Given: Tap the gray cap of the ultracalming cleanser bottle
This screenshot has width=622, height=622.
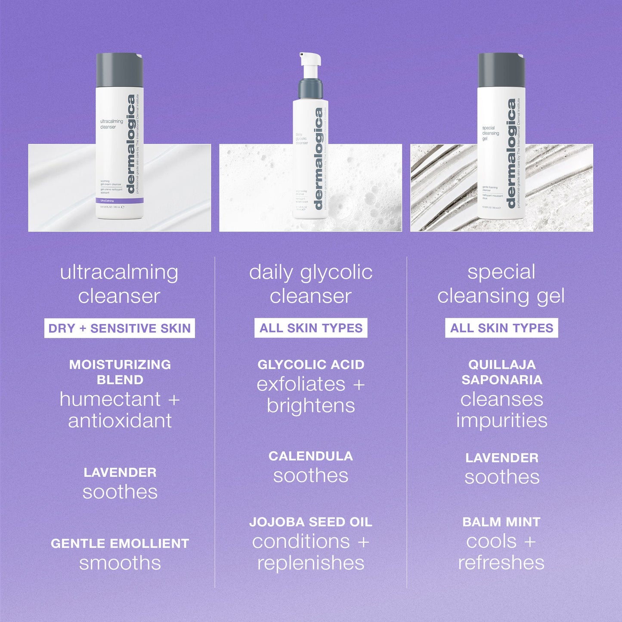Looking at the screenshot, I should [x=119, y=70].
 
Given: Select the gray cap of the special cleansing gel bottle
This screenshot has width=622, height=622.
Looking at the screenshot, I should [x=501, y=70].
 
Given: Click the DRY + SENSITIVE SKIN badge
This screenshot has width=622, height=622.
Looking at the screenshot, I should [x=119, y=328].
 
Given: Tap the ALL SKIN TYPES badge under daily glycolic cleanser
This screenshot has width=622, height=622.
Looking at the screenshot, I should [x=311, y=328].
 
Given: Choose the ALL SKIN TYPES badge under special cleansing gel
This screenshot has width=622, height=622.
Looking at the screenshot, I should [x=501, y=328].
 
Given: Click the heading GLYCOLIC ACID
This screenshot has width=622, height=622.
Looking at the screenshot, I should [x=311, y=365].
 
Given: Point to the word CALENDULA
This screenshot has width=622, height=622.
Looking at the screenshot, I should [x=311, y=456].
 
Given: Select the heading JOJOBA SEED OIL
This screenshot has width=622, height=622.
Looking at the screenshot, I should [x=311, y=522].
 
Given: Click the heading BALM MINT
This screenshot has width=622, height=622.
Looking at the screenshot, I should [x=501, y=522].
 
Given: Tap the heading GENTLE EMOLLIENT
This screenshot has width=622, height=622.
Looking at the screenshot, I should [x=120, y=544].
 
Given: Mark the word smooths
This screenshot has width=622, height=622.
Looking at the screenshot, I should [x=120, y=563].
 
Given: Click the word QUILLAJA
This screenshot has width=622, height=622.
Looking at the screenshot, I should [x=502, y=365].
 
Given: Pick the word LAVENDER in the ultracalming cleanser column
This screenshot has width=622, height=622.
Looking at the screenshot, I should [x=120, y=473].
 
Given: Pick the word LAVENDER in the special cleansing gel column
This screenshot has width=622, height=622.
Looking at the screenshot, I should [x=502, y=458].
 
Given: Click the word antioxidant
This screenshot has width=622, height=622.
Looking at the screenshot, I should [x=120, y=421].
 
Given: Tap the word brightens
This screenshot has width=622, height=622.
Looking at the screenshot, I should [x=311, y=406].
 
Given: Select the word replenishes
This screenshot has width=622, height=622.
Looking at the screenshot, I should [x=311, y=563].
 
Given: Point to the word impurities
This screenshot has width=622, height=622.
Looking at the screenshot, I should [x=502, y=421].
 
